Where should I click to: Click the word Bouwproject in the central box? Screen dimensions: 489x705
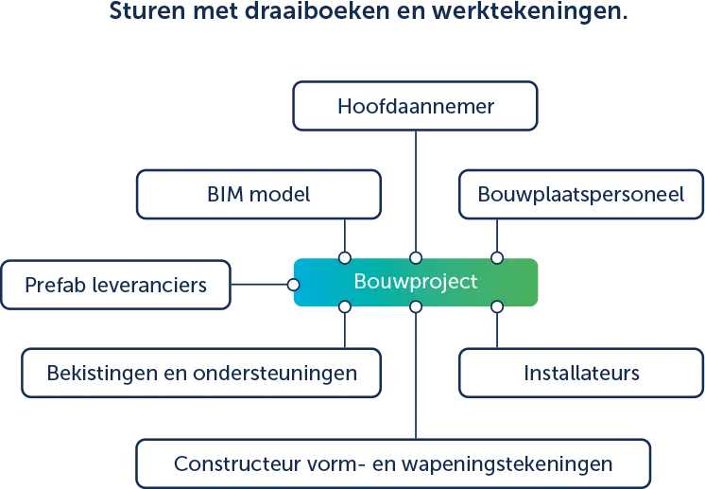(x=416, y=282)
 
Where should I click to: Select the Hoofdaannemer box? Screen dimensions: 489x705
(x=416, y=105)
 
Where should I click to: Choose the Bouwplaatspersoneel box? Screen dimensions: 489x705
(x=580, y=195)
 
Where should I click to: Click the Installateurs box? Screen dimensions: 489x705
(x=580, y=373)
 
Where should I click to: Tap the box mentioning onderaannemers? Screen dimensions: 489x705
(x=201, y=373)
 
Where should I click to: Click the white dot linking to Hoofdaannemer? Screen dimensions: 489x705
(x=415, y=257)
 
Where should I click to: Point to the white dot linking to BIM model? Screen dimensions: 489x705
(x=345, y=257)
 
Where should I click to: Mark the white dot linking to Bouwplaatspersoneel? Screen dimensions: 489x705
(x=497, y=257)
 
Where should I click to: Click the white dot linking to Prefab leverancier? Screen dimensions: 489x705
(x=294, y=284)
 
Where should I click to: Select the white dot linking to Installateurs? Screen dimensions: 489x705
(x=497, y=306)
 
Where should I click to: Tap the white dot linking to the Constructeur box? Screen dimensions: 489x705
(x=415, y=306)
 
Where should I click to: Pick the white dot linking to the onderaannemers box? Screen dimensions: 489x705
(x=345, y=306)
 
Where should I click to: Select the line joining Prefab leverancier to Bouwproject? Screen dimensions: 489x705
(x=263, y=284)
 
